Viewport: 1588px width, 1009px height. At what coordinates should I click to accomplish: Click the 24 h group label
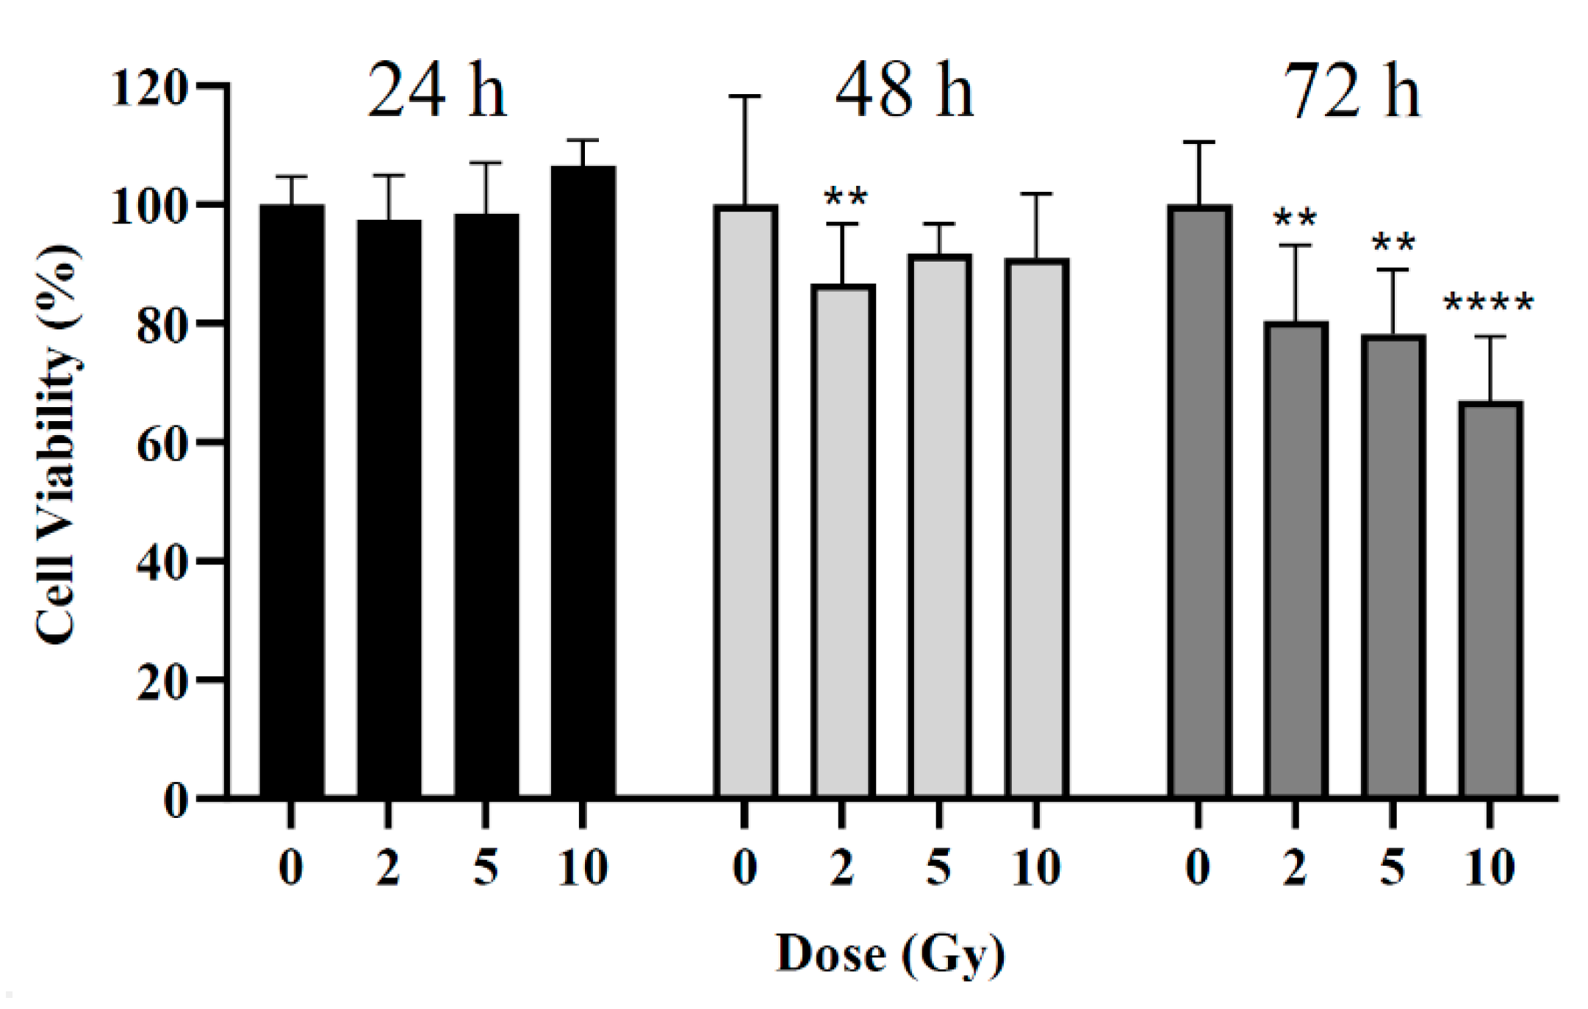436,92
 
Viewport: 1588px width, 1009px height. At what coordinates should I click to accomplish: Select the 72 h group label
1352,92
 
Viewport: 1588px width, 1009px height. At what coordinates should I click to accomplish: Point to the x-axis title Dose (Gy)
891,954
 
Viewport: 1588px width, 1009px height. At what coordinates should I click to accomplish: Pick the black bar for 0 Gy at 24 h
292,500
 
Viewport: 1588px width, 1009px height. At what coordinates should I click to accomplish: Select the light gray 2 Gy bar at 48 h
843,540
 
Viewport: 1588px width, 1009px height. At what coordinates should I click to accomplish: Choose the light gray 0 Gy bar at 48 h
745,500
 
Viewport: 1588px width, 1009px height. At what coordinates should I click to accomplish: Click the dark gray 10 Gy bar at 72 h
1490,599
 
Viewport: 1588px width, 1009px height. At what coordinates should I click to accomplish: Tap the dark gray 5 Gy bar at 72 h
1393,566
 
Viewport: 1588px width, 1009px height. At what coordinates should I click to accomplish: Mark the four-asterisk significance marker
1489,303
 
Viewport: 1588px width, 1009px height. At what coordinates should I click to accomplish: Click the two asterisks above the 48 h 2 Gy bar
846,197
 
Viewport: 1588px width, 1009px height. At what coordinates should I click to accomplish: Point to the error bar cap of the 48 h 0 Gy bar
745,96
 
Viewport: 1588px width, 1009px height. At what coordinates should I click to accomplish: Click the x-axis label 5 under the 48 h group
939,867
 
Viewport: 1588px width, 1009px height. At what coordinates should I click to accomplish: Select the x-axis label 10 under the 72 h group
1490,867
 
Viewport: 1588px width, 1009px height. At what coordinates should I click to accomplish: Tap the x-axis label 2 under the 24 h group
388,867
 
